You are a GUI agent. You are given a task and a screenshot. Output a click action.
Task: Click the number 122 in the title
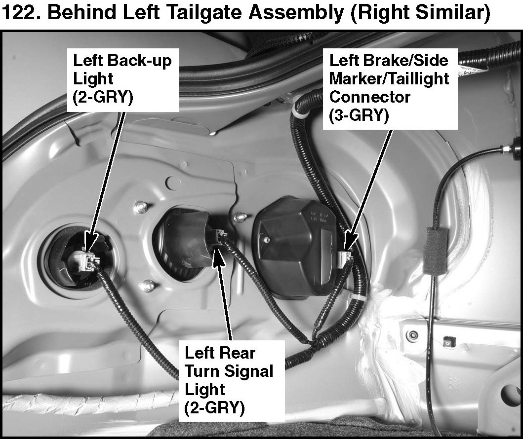tap(20, 13)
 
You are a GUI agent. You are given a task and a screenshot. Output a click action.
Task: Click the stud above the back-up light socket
tap(141, 207)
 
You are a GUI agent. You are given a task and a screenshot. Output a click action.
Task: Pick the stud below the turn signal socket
tap(147, 285)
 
